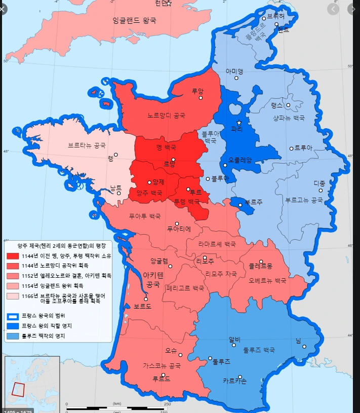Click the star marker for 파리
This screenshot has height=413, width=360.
[239, 123]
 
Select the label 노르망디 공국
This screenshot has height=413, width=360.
[167, 116]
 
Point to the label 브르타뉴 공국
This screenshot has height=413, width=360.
[87, 145]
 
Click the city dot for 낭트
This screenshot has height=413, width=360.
[119, 193]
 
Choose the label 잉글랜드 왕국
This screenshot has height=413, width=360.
[134, 21]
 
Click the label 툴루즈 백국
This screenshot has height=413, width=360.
[259, 350]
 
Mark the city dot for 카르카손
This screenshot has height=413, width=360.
[240, 377]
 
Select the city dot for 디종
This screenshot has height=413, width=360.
[321, 190]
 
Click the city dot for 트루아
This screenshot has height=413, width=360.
[291, 148]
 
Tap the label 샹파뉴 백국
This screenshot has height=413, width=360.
[289, 118]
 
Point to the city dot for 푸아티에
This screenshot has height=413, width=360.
[177, 223]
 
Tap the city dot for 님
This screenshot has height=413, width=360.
[305, 347]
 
